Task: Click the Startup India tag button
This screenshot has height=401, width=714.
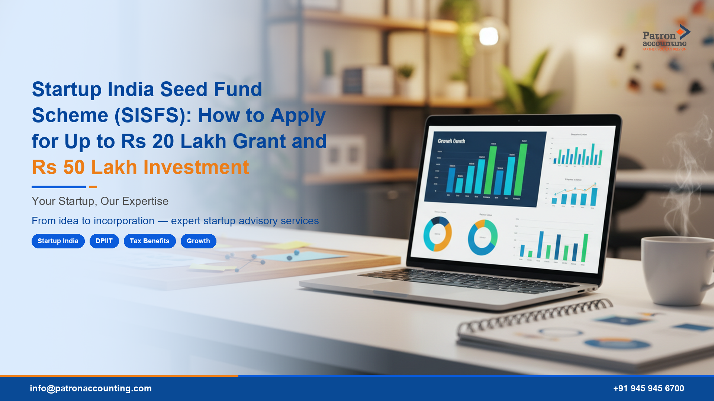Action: (x=58, y=241)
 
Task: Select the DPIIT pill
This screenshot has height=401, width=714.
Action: (x=104, y=241)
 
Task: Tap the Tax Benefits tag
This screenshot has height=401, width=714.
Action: (x=149, y=241)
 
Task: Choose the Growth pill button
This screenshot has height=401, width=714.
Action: (x=198, y=241)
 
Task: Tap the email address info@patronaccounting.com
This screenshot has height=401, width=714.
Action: (x=91, y=388)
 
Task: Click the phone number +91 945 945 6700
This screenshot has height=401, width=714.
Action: (x=648, y=388)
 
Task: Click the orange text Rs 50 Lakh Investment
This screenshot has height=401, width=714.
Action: (x=140, y=167)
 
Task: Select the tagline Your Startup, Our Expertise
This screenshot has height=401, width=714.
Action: (x=100, y=201)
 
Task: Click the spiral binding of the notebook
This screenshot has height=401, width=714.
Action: (x=535, y=316)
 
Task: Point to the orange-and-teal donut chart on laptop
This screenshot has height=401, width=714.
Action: (x=437, y=234)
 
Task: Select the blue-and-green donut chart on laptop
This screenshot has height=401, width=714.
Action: (x=482, y=237)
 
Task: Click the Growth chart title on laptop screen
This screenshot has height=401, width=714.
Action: (x=451, y=141)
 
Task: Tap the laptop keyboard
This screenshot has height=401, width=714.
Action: (x=465, y=280)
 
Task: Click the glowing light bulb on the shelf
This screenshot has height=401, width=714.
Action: (x=488, y=36)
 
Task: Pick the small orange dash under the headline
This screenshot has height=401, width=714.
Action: (x=93, y=187)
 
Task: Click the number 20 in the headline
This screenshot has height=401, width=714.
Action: (x=163, y=141)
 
